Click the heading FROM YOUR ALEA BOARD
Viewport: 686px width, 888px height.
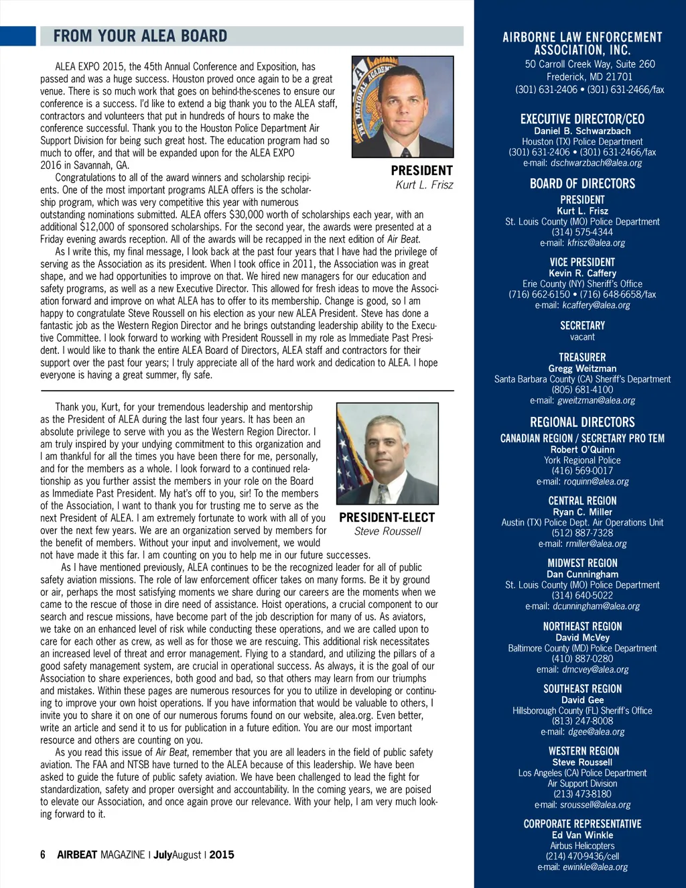[x=140, y=36]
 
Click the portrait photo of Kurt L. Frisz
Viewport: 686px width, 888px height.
[x=403, y=107]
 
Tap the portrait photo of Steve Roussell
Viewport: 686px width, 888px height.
[x=387, y=453]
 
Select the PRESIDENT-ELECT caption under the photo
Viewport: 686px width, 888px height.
[x=387, y=517]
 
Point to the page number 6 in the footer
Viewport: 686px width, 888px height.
[x=43, y=854]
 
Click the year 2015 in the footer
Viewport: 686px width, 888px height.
[x=222, y=854]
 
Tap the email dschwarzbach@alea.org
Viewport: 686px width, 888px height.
[x=596, y=163]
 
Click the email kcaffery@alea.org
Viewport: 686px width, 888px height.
[x=596, y=305]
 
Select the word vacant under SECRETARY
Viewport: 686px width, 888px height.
[x=582, y=337]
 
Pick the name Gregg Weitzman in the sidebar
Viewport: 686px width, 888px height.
[x=582, y=368]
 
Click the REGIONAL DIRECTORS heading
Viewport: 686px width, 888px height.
[x=582, y=422]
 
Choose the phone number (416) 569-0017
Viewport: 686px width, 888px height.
[x=582, y=470]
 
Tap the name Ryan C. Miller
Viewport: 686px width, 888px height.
[x=582, y=511]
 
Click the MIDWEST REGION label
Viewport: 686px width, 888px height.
[x=582, y=563]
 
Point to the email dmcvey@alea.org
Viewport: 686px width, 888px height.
[x=596, y=669]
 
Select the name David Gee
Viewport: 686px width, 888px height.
[x=582, y=700]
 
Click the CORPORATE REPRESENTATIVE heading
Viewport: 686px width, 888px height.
[x=582, y=824]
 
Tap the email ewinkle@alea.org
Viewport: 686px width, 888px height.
[x=595, y=867]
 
